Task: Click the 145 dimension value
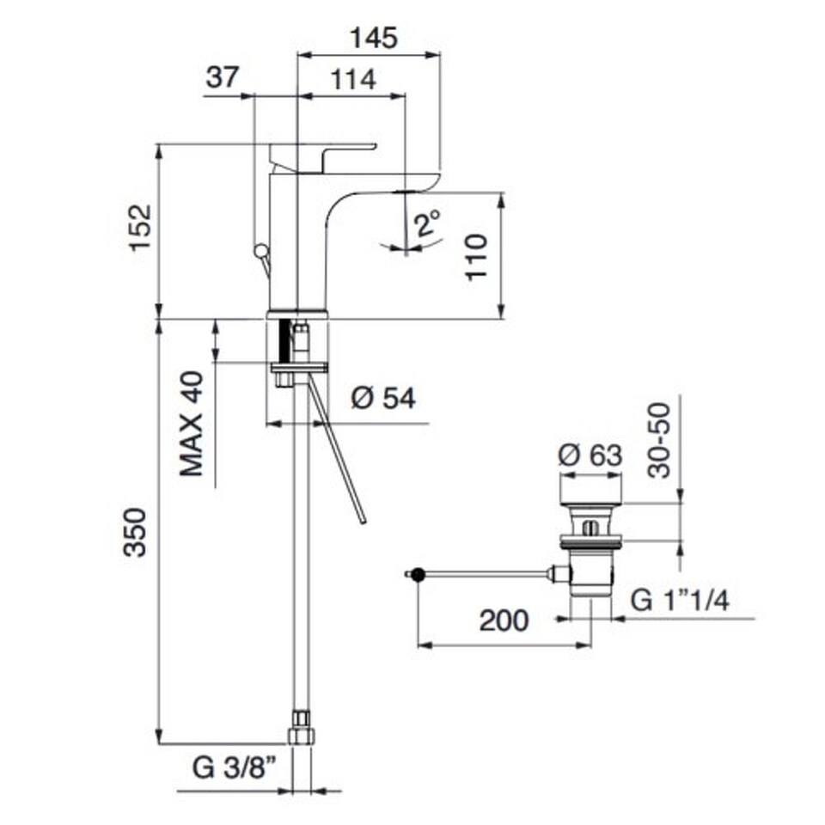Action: click(374, 39)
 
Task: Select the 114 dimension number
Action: click(353, 79)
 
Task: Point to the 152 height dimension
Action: click(140, 227)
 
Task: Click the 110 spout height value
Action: click(477, 257)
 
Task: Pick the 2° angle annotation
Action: click(427, 223)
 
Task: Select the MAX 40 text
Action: click(191, 424)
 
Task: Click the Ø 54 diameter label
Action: click(383, 398)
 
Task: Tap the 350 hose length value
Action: click(135, 533)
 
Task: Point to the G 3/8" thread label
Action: click(234, 767)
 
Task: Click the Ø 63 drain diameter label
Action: click(590, 455)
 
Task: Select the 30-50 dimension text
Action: click(659, 440)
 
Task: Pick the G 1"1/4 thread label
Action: click(680, 600)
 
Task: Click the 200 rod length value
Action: click(504, 620)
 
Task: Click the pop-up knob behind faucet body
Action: click(260, 250)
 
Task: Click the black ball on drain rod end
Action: click(418, 575)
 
